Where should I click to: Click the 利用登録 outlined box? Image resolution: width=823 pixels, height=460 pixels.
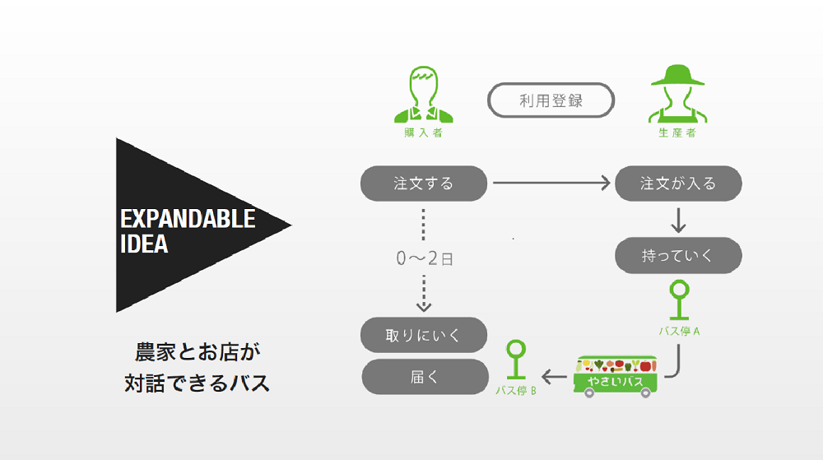pyautogui.click(x=551, y=101)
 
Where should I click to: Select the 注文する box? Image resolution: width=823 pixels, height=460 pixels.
pyautogui.click(x=424, y=183)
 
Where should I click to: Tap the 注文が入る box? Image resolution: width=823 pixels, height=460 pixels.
pyautogui.click(x=678, y=183)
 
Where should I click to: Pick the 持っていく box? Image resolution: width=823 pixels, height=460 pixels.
pyautogui.click(x=678, y=256)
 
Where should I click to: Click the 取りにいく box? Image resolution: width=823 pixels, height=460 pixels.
pyautogui.click(x=424, y=335)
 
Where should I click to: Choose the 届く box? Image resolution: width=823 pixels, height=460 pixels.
pyautogui.click(x=424, y=376)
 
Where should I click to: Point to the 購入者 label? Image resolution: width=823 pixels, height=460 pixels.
pyautogui.click(x=424, y=132)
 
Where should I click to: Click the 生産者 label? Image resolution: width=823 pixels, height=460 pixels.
pyautogui.click(x=678, y=132)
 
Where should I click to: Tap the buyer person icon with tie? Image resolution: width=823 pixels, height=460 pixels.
pyautogui.click(x=424, y=95)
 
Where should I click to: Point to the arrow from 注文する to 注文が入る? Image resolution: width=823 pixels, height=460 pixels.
pyautogui.click(x=550, y=183)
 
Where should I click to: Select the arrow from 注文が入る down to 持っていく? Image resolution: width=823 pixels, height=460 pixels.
pyautogui.click(x=678, y=219)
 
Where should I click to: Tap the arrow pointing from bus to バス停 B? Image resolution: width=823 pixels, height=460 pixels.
pyautogui.click(x=556, y=378)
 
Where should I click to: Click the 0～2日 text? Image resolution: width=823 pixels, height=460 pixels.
pyautogui.click(x=425, y=258)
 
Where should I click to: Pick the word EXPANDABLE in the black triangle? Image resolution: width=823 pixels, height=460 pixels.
pyautogui.click(x=188, y=219)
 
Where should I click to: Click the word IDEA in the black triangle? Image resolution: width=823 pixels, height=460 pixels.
pyautogui.click(x=144, y=244)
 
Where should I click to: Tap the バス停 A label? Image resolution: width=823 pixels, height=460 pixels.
pyautogui.click(x=680, y=332)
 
